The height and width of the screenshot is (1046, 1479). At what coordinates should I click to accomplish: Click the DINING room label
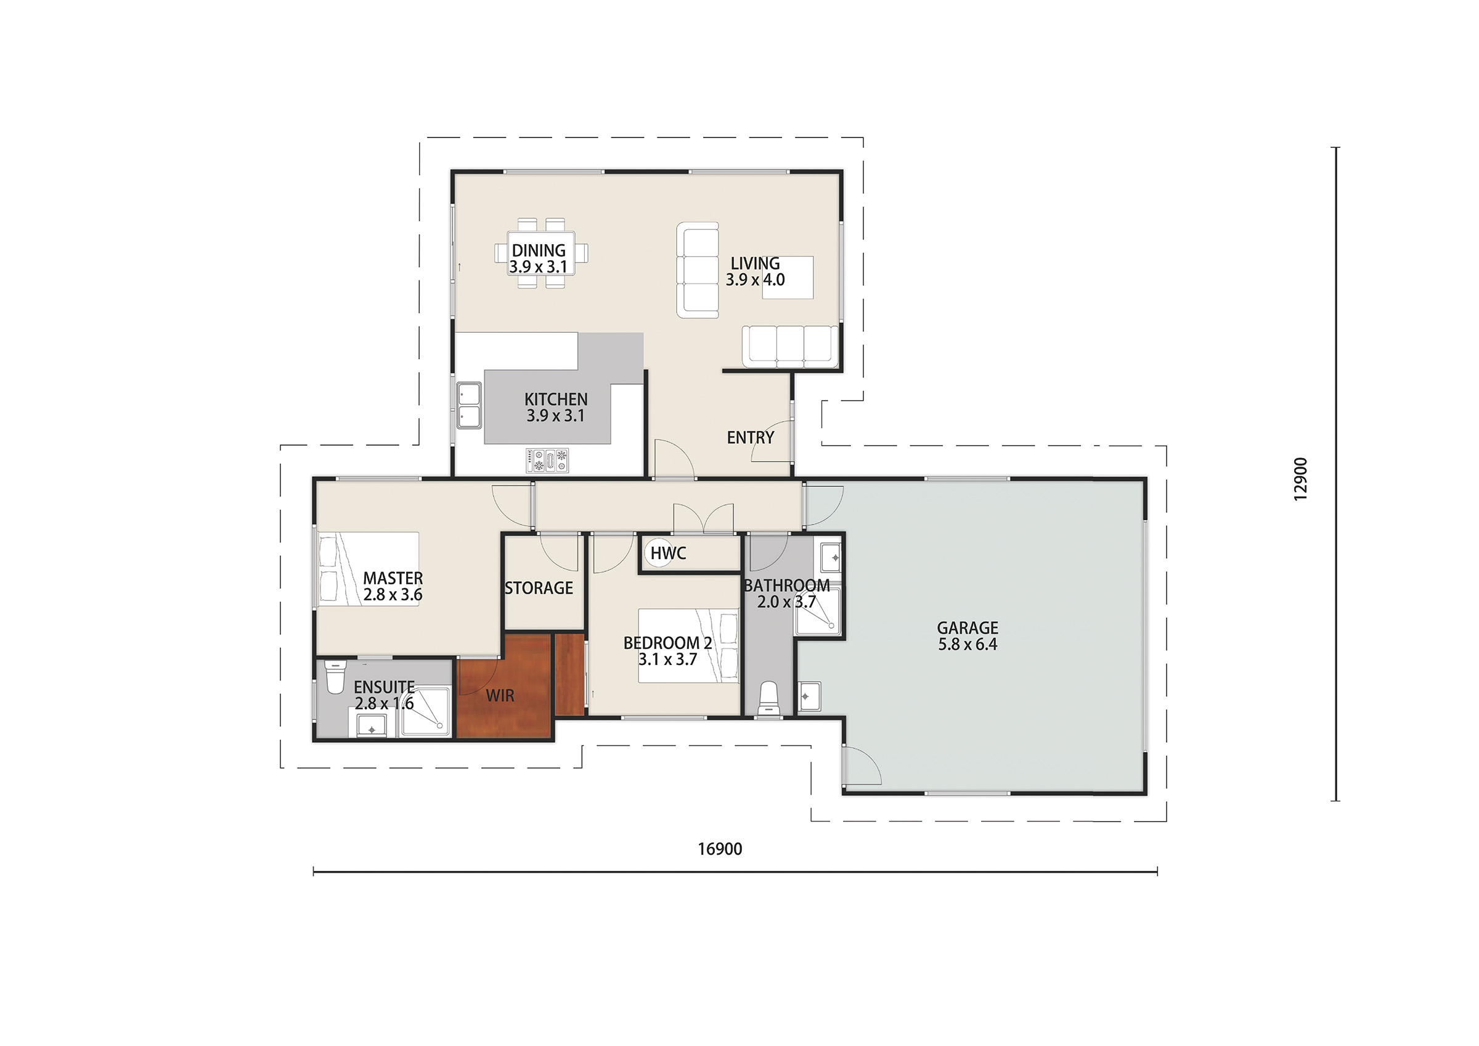click(x=539, y=250)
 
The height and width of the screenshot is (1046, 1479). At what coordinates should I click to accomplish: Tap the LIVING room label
click(x=755, y=264)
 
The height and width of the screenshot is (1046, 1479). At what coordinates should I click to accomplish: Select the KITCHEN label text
click(x=556, y=399)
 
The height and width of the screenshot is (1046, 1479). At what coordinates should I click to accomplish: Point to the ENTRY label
click(x=751, y=438)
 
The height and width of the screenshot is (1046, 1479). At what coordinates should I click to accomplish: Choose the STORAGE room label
click(x=539, y=588)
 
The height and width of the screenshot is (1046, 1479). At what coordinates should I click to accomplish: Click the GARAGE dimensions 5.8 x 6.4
click(x=968, y=644)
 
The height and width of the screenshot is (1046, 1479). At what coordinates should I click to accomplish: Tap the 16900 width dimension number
click(x=720, y=849)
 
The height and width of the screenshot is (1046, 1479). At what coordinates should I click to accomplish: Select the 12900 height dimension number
click(x=1300, y=479)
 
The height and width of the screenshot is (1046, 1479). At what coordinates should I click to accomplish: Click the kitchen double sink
click(x=469, y=406)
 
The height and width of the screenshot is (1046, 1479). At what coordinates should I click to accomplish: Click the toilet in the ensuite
click(x=335, y=676)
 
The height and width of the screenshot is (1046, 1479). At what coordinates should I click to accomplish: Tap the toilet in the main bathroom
click(x=769, y=699)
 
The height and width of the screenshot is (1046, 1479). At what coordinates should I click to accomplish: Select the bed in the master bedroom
click(x=368, y=568)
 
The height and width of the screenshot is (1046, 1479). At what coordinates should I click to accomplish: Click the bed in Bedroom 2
click(x=688, y=646)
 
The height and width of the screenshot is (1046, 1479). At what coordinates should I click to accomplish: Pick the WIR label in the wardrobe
click(x=500, y=695)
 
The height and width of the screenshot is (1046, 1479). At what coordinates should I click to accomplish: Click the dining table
click(x=541, y=253)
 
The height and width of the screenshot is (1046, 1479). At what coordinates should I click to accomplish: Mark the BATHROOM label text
click(x=786, y=585)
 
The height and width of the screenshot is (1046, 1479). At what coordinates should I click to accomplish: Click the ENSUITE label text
click(x=384, y=687)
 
